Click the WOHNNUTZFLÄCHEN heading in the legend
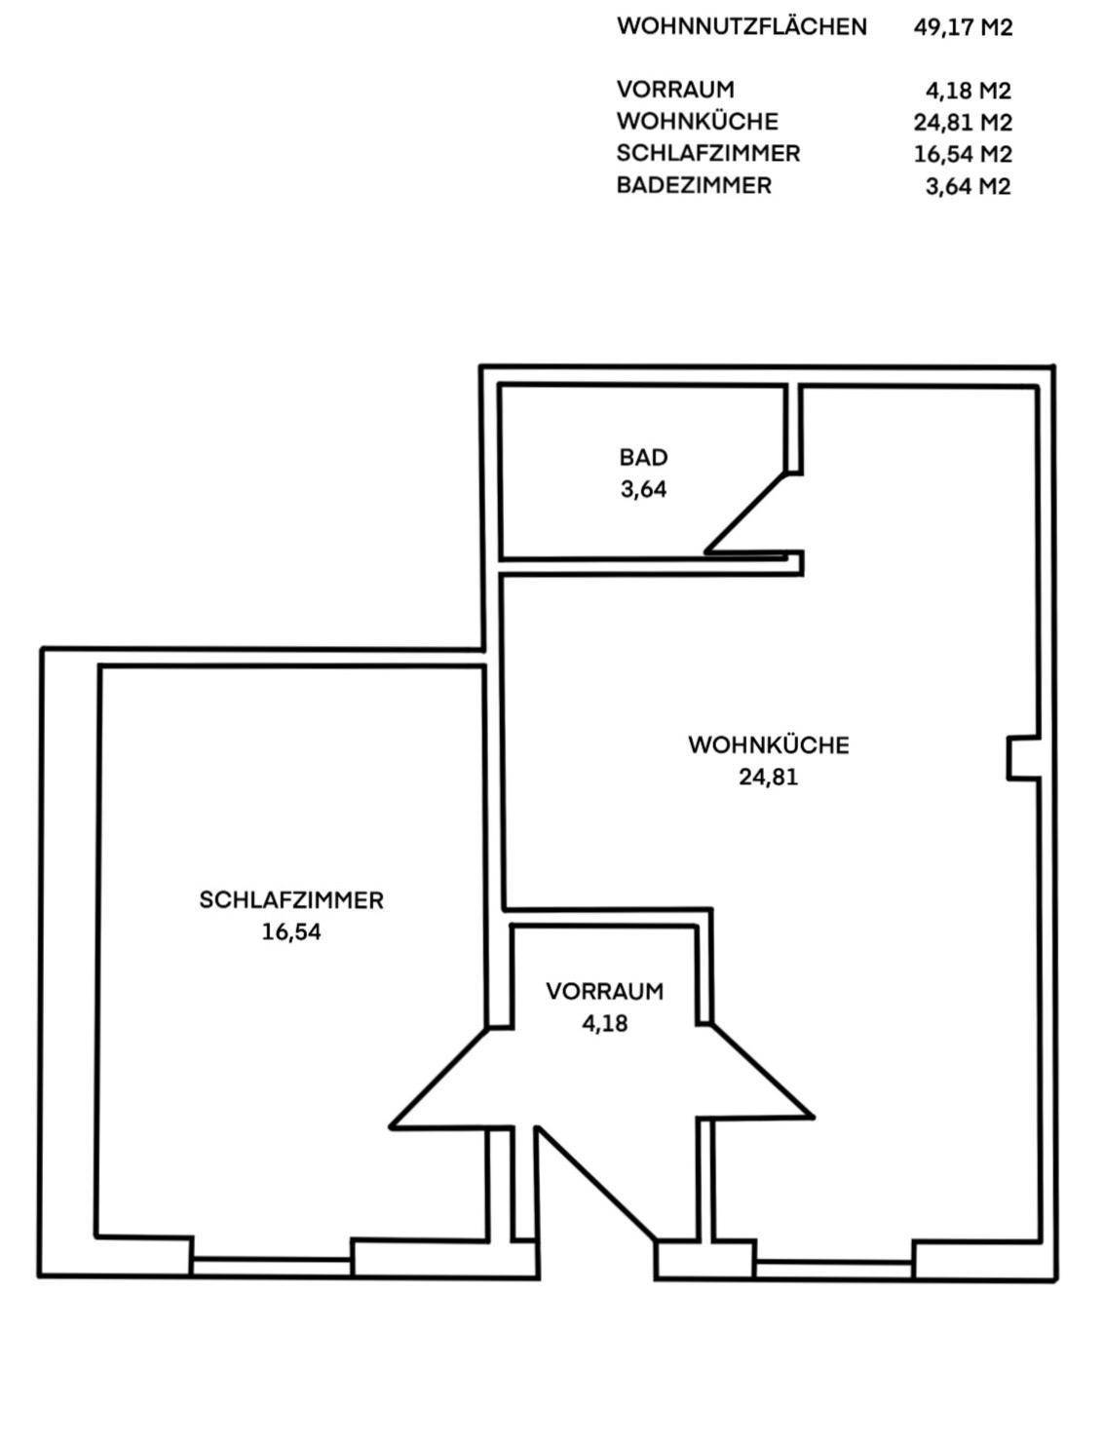coord(742,27)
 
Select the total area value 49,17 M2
coord(963,27)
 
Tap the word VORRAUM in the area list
coord(675,90)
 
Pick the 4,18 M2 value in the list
coord(968,91)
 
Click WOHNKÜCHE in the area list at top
coord(698,121)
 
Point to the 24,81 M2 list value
coord(963,123)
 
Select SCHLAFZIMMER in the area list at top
coord(708,153)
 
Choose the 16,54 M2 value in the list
coord(963,155)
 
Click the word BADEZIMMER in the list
coord(694,185)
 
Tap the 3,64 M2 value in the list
coord(968,187)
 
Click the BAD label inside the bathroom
coord(643,457)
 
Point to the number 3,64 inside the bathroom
coord(643,489)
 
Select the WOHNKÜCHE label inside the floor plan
coord(769,745)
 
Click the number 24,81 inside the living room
coord(769,778)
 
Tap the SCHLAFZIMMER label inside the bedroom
coord(291,900)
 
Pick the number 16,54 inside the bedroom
coord(291,932)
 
